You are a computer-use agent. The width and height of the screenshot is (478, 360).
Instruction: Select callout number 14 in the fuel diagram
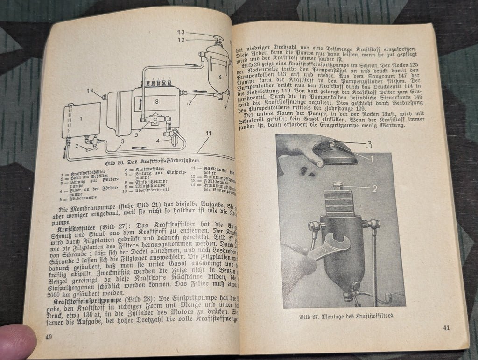pyautogui.click(x=90, y=90)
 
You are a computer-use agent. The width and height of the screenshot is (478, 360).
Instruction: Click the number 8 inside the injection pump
pyautogui.click(x=157, y=101)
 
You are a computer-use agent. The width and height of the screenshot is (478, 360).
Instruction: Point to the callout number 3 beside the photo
pyautogui.click(x=369, y=144)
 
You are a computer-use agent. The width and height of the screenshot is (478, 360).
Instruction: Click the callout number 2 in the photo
pyautogui.click(x=374, y=189)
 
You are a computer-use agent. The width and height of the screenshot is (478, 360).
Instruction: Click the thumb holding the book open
pyautogui.click(x=17, y=341)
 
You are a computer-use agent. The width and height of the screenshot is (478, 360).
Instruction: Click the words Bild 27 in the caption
pyautogui.click(x=309, y=316)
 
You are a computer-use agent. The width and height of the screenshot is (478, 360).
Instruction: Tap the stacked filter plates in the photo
pyautogui.click(x=340, y=202)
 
